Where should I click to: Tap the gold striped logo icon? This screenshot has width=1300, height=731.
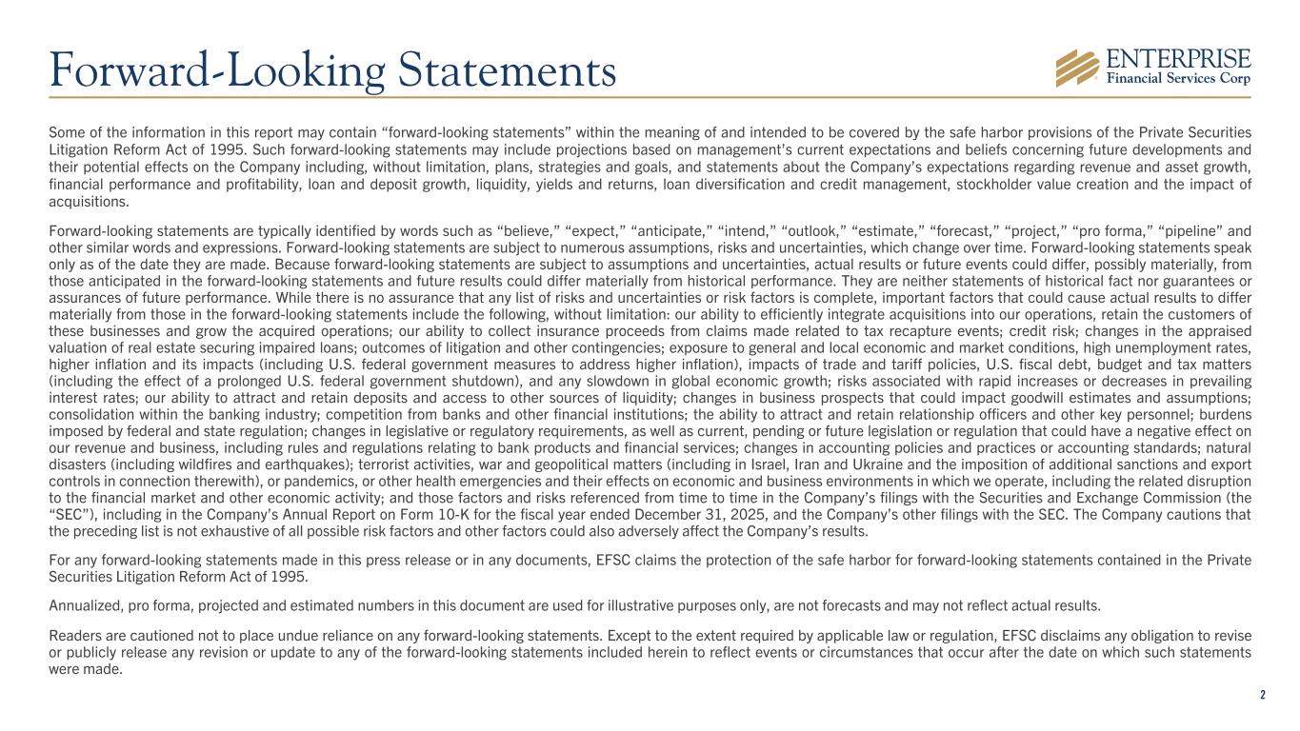coord(1078,68)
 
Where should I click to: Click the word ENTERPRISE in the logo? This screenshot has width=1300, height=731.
coord(1177,59)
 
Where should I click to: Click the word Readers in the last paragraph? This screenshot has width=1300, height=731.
coord(73,635)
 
